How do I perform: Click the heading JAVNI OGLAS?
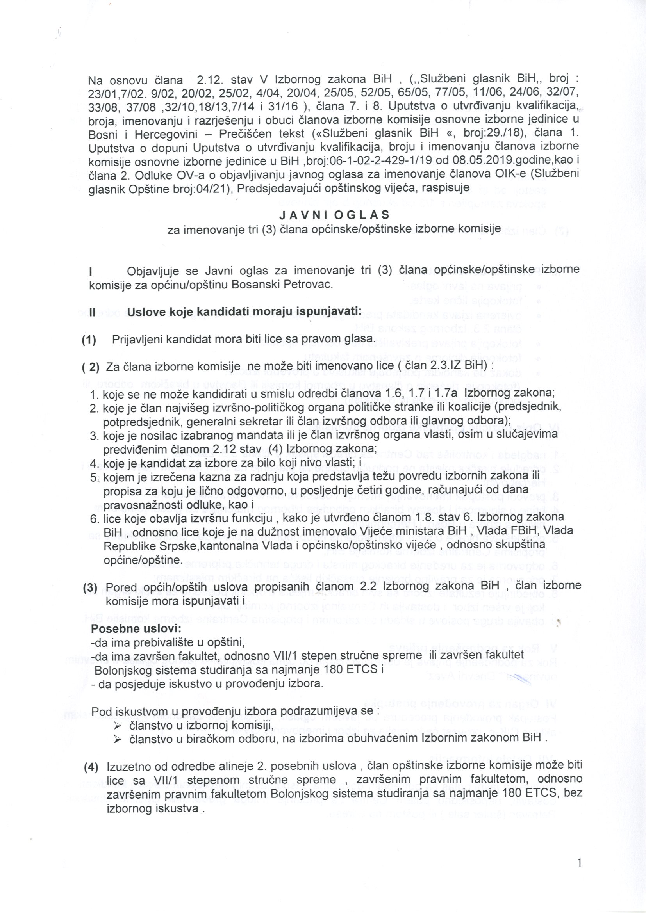[x=334, y=215]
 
